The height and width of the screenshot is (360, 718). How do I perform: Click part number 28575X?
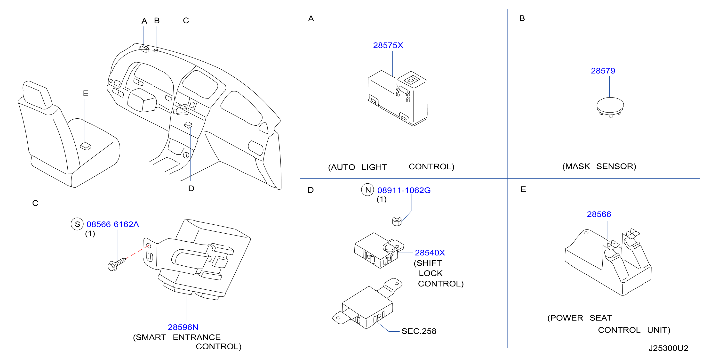388,45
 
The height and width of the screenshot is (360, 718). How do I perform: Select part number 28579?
603,71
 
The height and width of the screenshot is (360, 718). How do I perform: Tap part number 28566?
599,214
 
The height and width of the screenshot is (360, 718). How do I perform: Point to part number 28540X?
430,253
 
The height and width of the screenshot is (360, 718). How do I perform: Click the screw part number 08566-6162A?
113,224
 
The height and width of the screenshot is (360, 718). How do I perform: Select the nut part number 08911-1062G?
404,190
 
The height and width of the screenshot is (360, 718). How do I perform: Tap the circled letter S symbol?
77,224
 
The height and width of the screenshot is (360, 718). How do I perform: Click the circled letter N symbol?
368,190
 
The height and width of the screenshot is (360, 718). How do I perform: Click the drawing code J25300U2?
668,348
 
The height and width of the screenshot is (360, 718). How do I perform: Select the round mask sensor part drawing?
610,107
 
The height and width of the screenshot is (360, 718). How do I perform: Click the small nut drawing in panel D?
397,221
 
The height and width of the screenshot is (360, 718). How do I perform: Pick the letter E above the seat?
86,93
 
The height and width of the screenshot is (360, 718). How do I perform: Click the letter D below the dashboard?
191,188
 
